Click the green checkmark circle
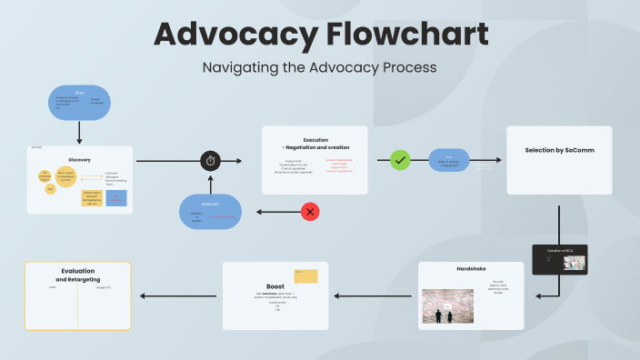(x=401, y=160)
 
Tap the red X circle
(x=311, y=212)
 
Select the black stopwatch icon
(x=211, y=161)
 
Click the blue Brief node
(x=79, y=102)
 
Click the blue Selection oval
(x=210, y=212)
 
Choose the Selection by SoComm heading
(x=559, y=150)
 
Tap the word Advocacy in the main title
(x=229, y=35)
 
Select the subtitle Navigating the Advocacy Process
(x=319, y=67)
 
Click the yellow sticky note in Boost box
(x=305, y=276)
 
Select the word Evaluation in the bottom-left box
(x=78, y=271)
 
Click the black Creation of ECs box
(x=559, y=259)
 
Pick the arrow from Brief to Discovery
(x=79, y=133)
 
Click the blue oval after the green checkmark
(x=449, y=160)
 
